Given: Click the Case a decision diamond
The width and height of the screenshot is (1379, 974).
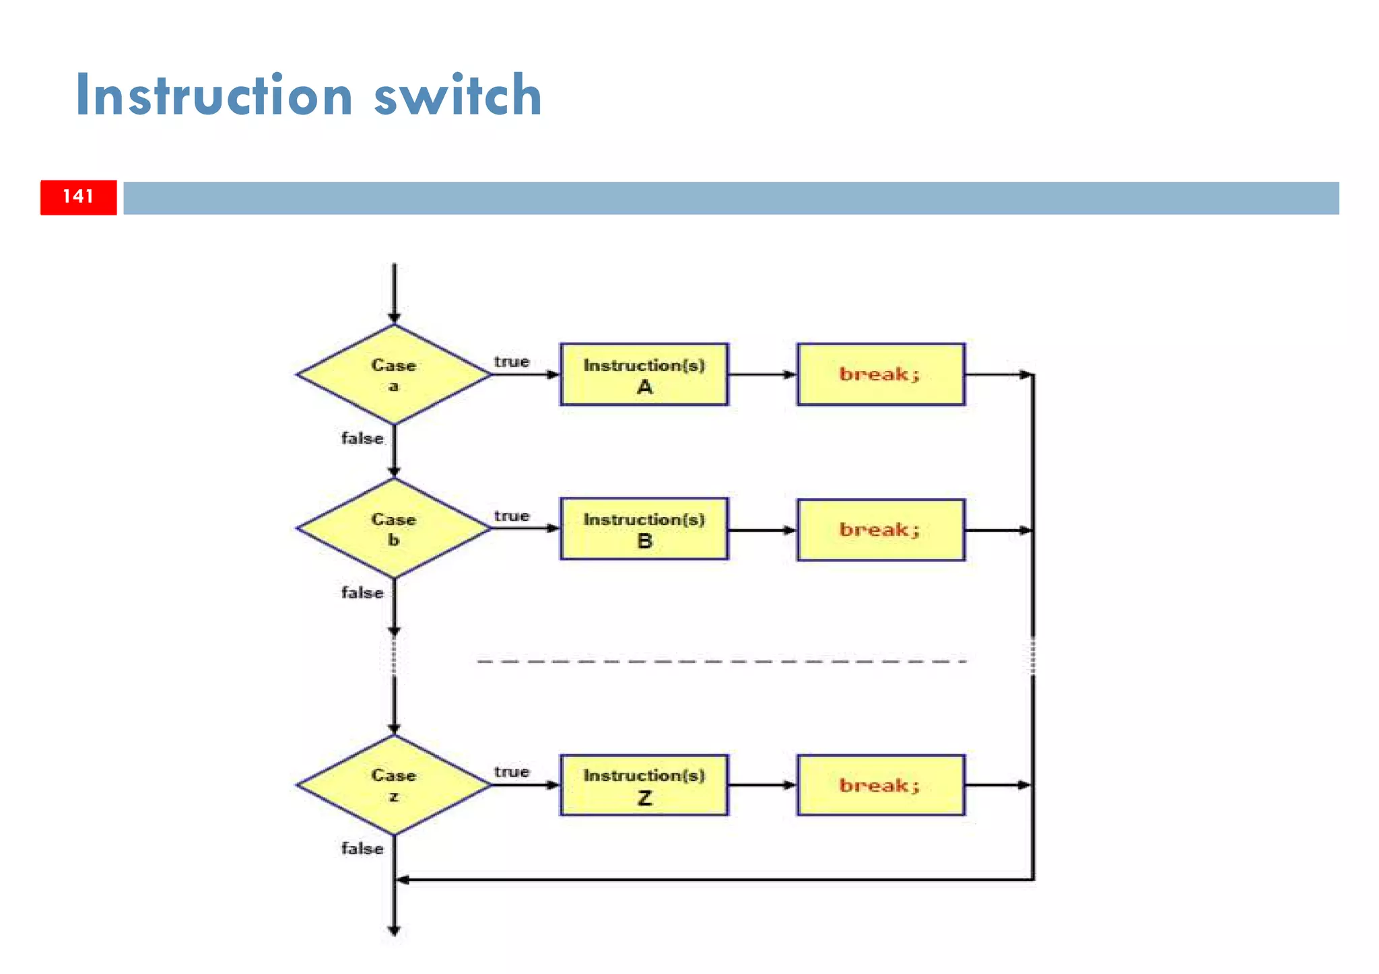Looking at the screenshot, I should coord(394,375).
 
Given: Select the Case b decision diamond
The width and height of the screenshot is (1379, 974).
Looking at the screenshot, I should coord(394,529).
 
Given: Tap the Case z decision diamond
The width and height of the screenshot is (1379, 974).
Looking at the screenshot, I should coord(394,785).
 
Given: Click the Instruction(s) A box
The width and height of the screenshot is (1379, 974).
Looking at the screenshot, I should coord(644,375).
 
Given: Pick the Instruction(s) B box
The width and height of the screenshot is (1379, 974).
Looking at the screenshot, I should coord(644,529).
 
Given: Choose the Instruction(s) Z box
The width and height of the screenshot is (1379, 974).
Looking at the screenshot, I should coord(644,785).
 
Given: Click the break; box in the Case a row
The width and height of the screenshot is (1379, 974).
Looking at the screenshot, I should coord(880,375).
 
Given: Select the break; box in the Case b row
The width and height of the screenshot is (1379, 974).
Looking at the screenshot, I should coord(880,530).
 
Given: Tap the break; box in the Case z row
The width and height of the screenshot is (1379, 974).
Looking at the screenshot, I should coord(880,785).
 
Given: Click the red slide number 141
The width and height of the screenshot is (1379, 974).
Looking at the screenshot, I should coord(78,197).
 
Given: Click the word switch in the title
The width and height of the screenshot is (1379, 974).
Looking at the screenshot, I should coord(457,96).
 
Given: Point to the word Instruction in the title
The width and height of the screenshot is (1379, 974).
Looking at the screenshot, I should coord(214,96).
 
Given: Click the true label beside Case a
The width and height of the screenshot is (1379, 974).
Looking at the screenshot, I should coord(511,362).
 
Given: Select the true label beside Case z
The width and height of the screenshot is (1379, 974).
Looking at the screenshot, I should coord(511,772).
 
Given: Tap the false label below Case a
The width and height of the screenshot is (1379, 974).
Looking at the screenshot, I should coord(362,439).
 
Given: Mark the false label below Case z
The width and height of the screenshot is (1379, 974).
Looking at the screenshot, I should coord(362,849).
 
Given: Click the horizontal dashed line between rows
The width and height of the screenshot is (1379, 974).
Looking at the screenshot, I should coord(720,662).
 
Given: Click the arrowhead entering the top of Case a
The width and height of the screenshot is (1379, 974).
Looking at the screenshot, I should coord(395,317).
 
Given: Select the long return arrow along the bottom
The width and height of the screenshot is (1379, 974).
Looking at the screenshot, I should coord(714,879).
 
